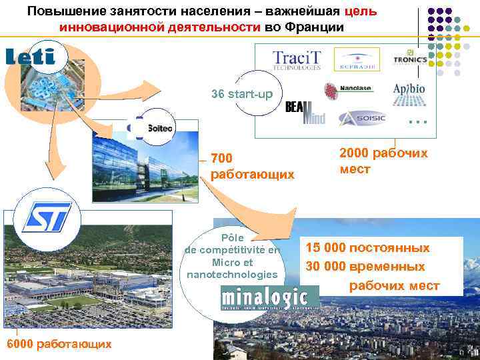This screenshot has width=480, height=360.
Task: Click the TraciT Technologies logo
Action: [x=296, y=59]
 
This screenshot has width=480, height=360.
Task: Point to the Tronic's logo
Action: [x=410, y=59]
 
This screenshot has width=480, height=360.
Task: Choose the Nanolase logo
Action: [x=348, y=89]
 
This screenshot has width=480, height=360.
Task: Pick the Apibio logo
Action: [x=409, y=94]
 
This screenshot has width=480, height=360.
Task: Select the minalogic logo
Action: [x=265, y=298]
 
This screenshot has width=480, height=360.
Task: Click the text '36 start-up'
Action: [x=242, y=94]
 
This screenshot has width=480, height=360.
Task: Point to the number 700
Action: [x=222, y=159]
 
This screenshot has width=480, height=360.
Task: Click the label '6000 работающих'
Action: [x=58, y=343]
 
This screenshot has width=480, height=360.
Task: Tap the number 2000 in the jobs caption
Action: [x=353, y=153]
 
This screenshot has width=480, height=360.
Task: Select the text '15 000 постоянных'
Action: [x=367, y=248]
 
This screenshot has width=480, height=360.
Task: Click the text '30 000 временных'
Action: [x=365, y=267]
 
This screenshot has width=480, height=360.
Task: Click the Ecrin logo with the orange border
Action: [x=357, y=59]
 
